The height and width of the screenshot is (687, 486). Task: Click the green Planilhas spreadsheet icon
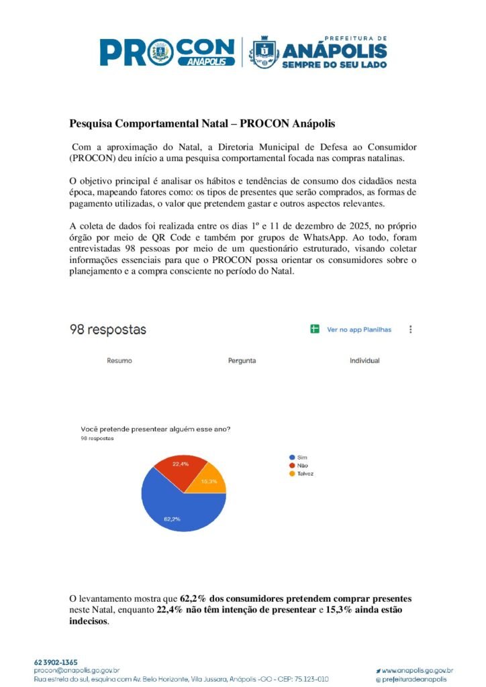click(314, 329)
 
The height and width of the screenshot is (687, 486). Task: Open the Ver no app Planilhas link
click(358, 329)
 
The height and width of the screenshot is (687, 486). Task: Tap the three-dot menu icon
click(411, 329)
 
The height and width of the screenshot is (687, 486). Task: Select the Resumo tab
click(119, 361)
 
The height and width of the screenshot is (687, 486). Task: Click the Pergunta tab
click(242, 361)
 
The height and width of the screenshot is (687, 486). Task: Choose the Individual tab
click(364, 361)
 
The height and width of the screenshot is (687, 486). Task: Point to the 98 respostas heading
click(108, 329)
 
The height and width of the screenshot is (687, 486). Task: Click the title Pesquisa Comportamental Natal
click(202, 124)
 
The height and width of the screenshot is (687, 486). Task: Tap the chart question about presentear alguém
click(156, 430)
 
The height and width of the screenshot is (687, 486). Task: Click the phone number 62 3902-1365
click(56, 662)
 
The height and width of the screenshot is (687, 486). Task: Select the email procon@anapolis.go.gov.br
click(77, 670)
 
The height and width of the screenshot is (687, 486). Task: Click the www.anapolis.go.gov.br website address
click(417, 670)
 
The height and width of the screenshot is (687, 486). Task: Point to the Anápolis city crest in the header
click(264, 51)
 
